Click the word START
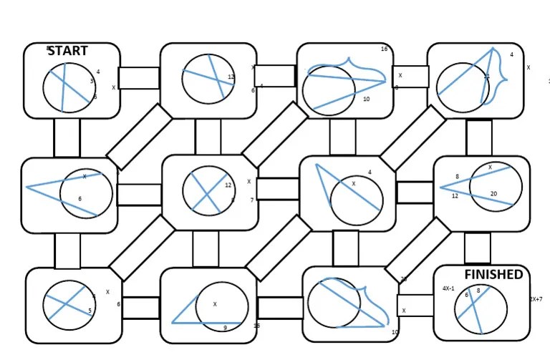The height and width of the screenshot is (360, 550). (x=67, y=51)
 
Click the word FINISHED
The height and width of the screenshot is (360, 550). (x=493, y=275)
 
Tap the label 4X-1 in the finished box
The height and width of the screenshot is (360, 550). (x=449, y=288)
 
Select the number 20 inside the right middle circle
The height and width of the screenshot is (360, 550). (x=493, y=194)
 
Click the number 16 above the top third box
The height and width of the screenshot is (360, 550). (x=384, y=49)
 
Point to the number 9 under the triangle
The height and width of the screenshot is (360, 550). (x=225, y=328)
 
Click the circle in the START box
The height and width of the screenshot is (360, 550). (x=69, y=87)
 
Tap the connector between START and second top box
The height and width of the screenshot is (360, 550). (x=138, y=78)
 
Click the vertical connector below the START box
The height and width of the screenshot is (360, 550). (x=67, y=138)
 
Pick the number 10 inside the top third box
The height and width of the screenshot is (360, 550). (x=366, y=99)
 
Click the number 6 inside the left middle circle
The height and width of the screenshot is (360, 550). (x=80, y=199)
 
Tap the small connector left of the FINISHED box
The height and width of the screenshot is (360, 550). (x=410, y=306)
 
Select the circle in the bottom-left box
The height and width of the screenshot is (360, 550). (x=69, y=305)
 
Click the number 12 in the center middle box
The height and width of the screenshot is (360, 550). (x=228, y=185)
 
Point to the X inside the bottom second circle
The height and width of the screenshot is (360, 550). (x=215, y=304)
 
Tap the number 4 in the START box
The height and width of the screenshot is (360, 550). (x=97, y=72)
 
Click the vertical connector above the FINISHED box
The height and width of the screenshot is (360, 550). (x=477, y=248)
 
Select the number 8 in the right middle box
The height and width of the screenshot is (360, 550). (x=457, y=177)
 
